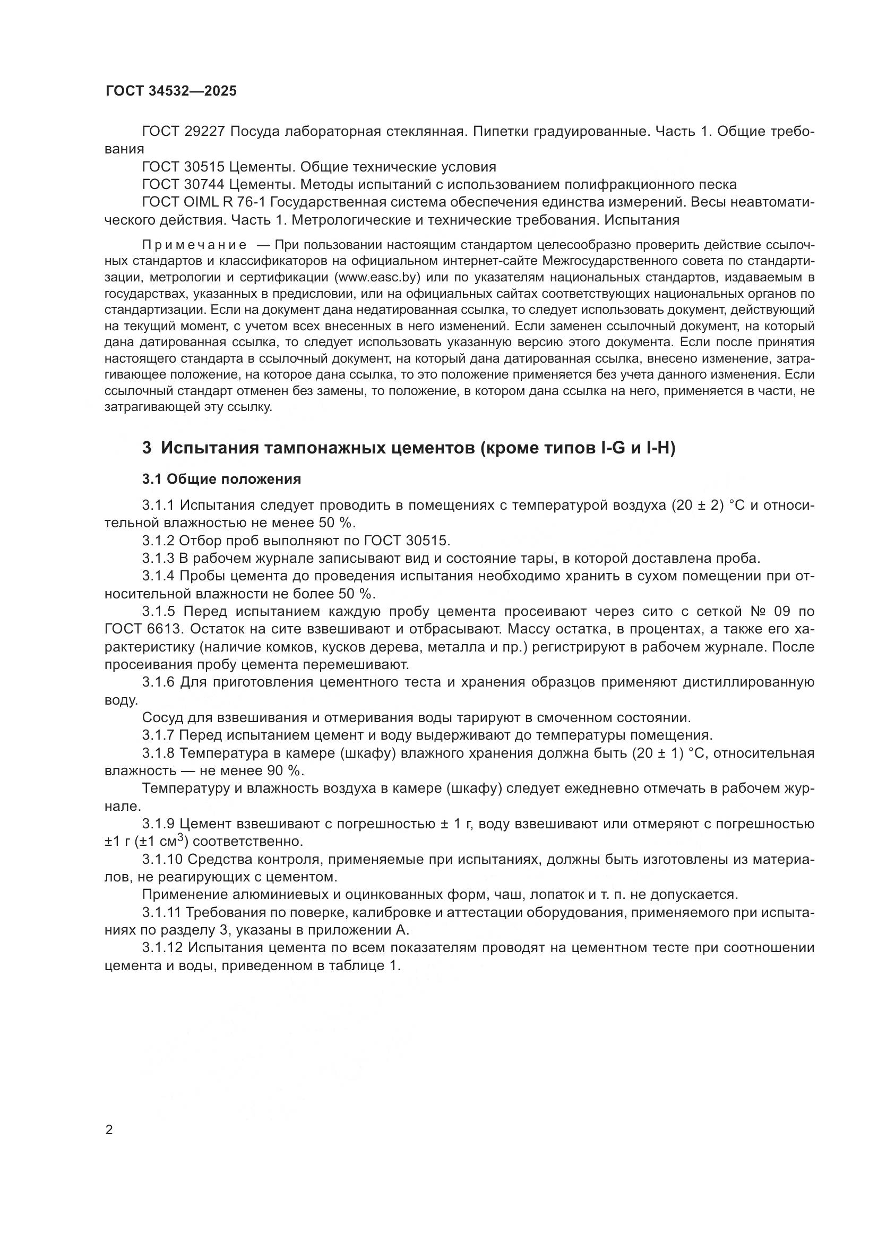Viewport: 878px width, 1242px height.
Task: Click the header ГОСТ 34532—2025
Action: [x=171, y=91]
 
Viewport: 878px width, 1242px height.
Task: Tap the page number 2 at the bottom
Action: [x=109, y=1130]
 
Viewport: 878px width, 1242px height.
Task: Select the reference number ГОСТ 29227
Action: [x=183, y=132]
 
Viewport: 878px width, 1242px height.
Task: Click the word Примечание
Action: [x=194, y=245]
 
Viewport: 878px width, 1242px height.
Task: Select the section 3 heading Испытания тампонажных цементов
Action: [x=408, y=448]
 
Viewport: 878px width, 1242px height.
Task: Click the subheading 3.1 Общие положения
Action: [x=222, y=479]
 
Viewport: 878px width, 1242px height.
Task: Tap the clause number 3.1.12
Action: [x=162, y=948]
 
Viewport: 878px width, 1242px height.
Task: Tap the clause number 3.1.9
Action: [x=159, y=825]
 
